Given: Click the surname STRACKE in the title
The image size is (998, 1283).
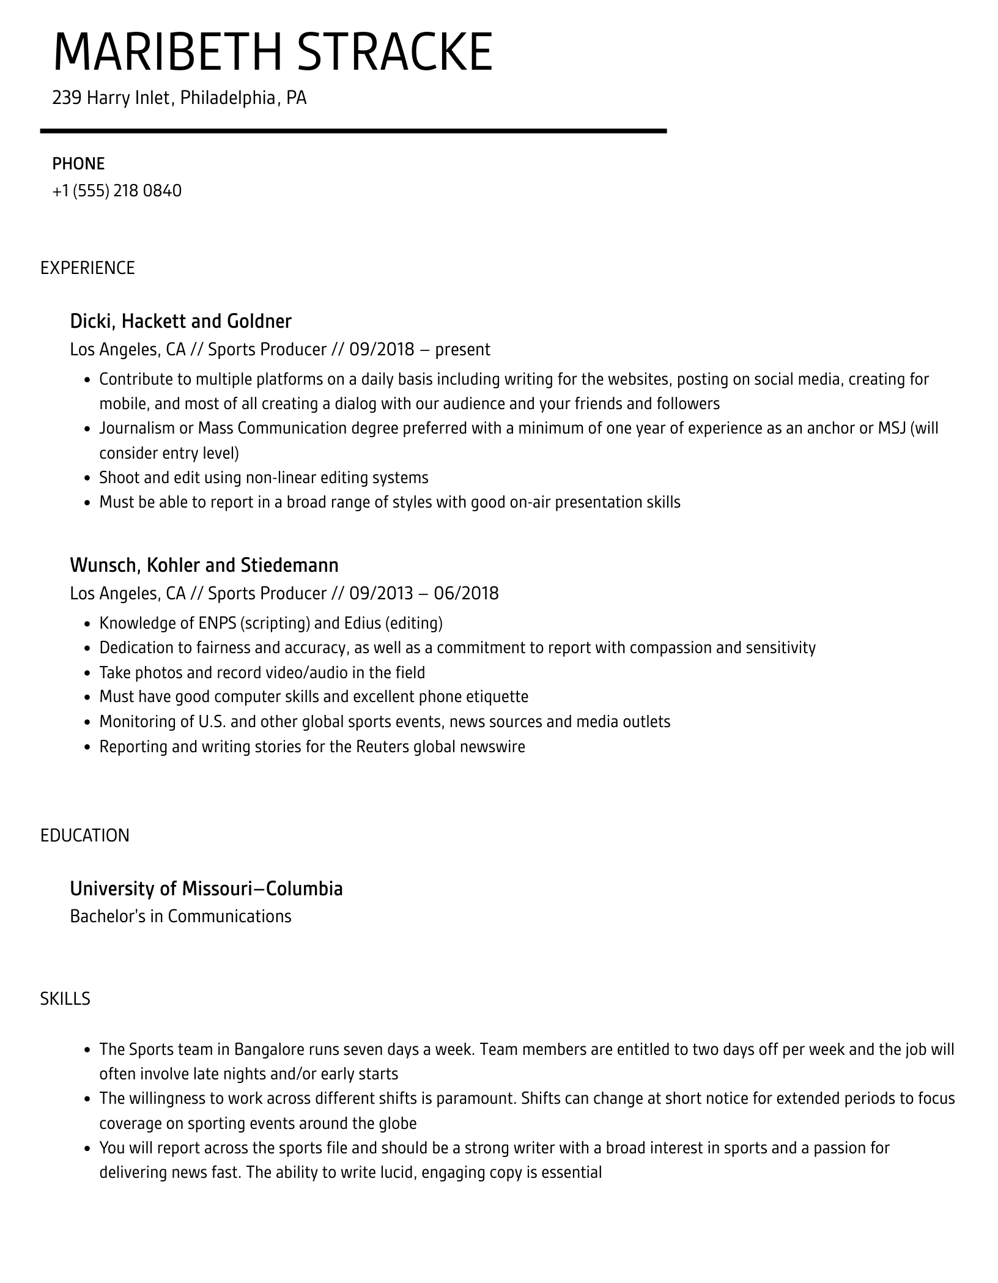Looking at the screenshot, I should click(395, 53).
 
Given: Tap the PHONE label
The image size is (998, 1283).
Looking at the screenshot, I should click(78, 164).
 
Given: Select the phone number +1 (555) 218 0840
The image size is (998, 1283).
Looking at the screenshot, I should click(117, 191).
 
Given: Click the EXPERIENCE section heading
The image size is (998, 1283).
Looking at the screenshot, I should click(87, 268).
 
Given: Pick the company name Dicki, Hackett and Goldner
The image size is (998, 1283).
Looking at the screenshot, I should click(180, 321).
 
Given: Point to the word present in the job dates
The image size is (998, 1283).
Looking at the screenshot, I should click(462, 350).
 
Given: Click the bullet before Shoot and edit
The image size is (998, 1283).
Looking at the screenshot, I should click(87, 478).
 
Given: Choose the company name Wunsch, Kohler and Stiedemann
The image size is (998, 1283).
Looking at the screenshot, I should click(204, 565).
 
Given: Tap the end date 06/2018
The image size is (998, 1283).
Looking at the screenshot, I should click(466, 593).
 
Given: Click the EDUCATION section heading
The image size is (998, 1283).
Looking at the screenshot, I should click(85, 835).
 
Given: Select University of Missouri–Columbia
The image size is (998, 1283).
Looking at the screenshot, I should click(206, 889).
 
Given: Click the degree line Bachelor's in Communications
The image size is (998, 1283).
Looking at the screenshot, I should click(180, 916).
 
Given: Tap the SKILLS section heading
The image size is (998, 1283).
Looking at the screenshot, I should click(65, 999).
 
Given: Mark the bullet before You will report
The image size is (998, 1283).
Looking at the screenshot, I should click(87, 1148).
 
